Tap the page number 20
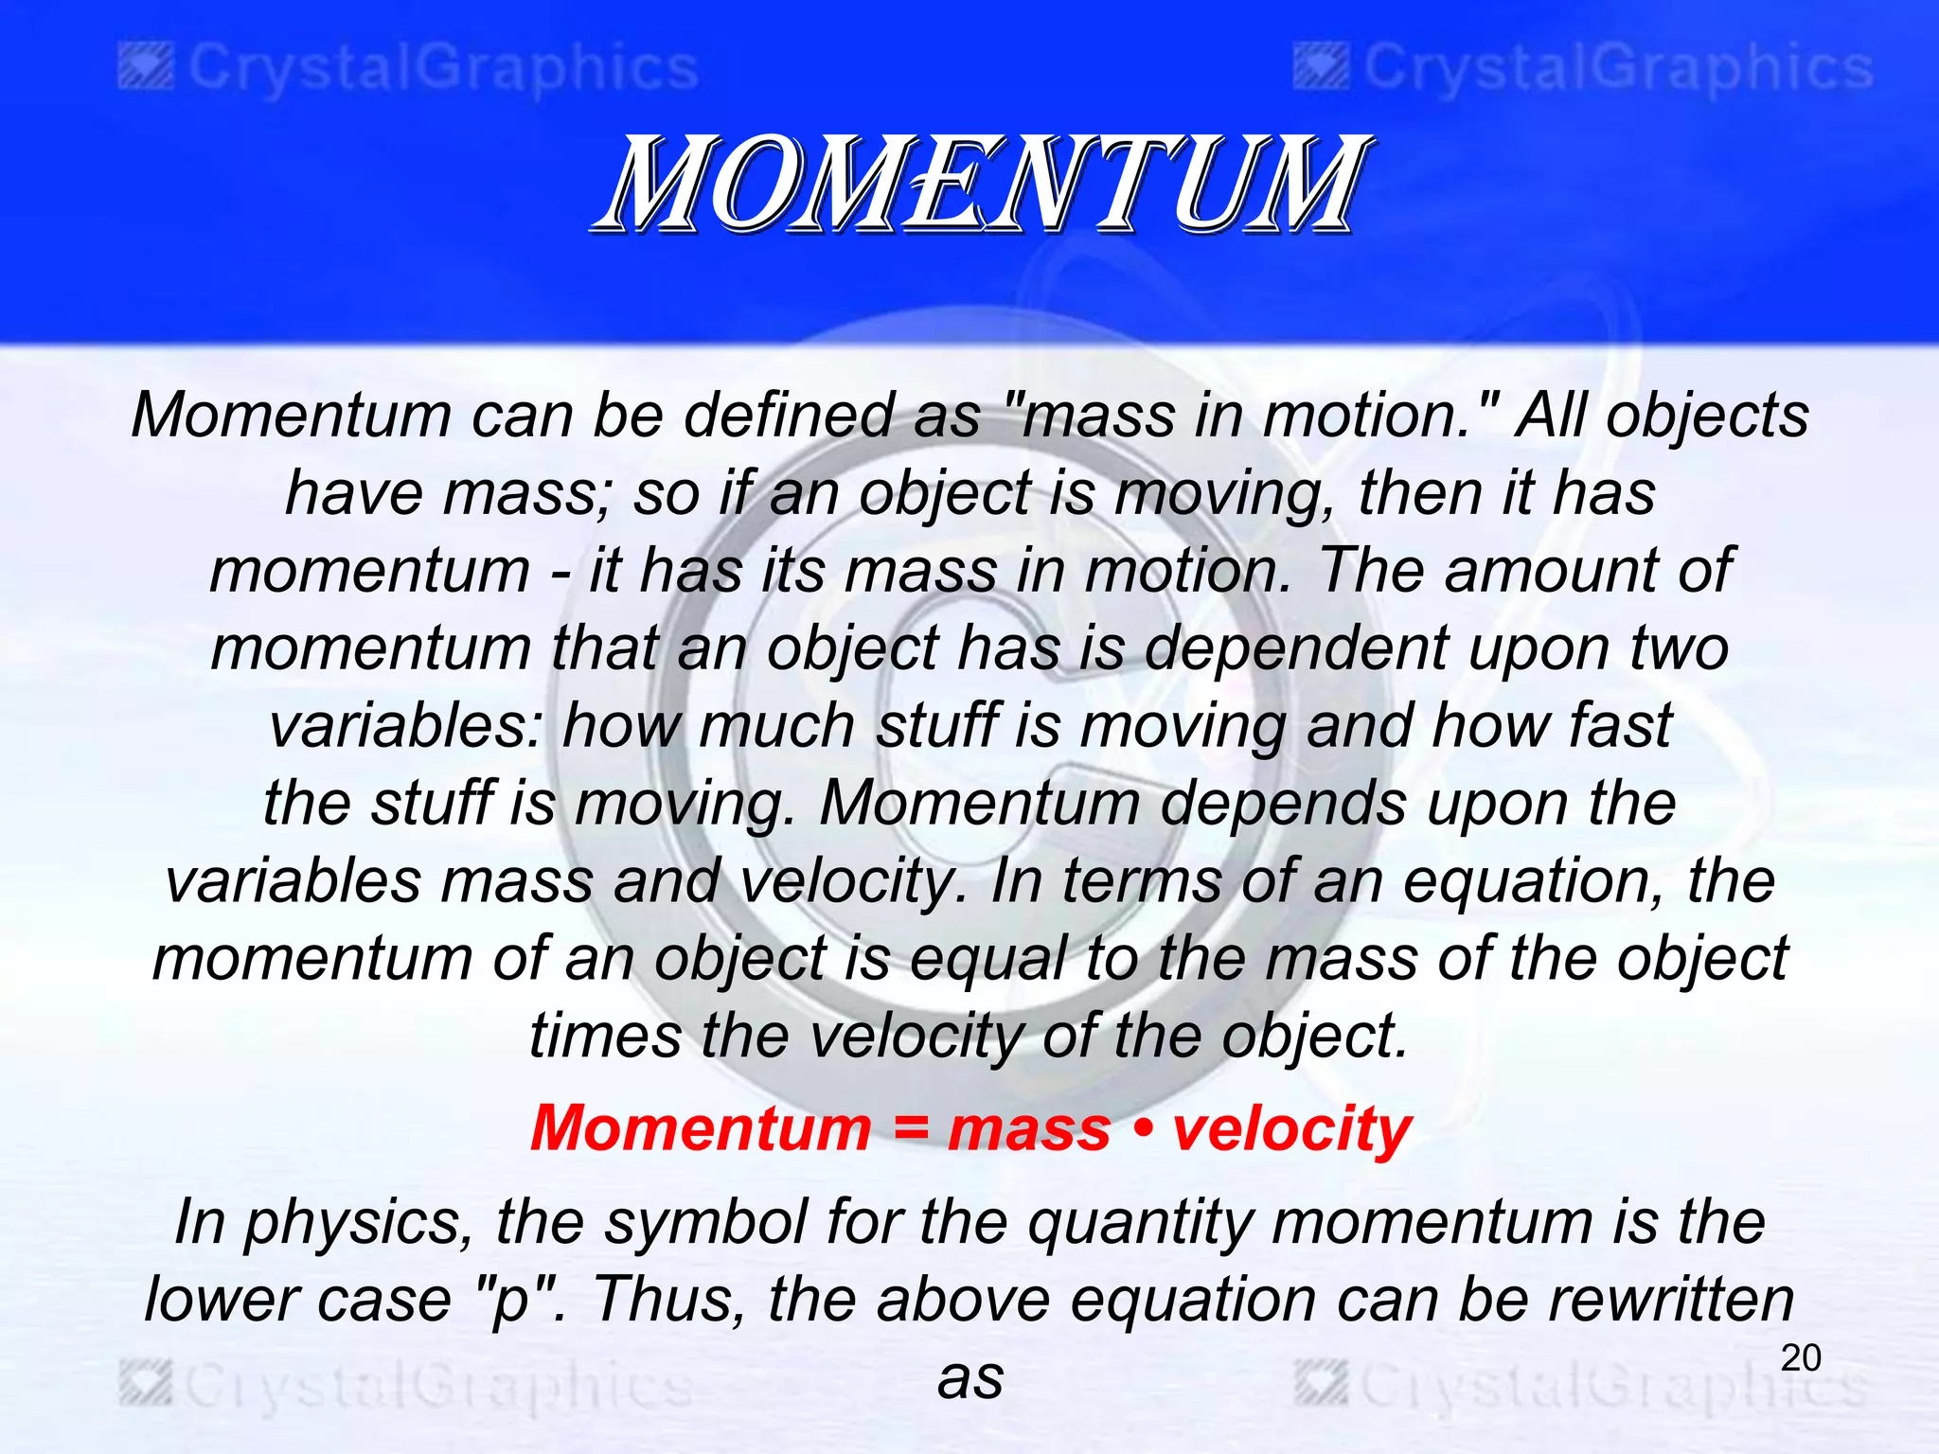[x=1800, y=1357]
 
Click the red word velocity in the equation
[x=1291, y=1128]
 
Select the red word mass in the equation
[x=1029, y=1128]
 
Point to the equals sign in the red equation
[x=910, y=1130]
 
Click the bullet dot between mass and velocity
[x=1142, y=1130]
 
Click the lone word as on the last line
[x=970, y=1377]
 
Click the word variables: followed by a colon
[x=406, y=725]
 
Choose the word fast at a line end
[x=1620, y=725]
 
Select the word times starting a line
[x=605, y=1036]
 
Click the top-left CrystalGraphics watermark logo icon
[x=146, y=69]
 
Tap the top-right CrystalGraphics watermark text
[x=1618, y=69]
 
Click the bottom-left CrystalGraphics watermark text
[x=438, y=1388]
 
